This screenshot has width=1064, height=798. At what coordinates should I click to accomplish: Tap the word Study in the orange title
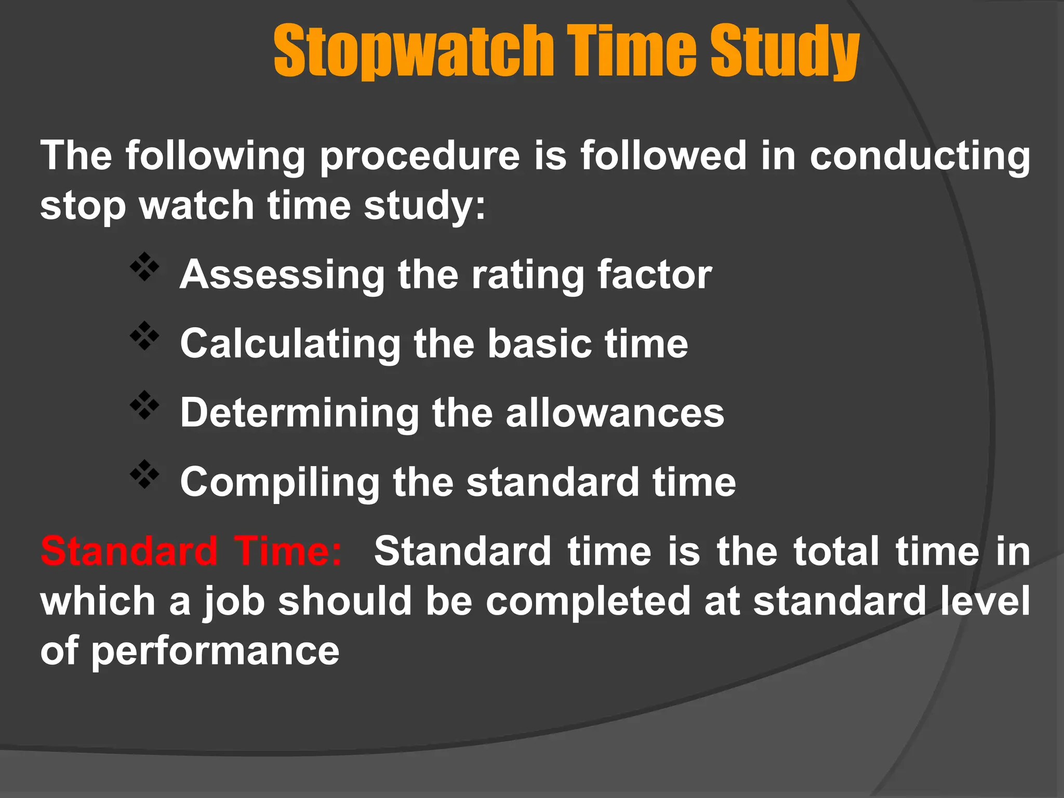pyautogui.click(x=784, y=51)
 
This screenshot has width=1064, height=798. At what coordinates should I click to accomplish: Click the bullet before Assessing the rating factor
pyautogui.click(x=144, y=268)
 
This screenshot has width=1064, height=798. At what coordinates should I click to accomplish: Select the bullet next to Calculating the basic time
pyautogui.click(x=144, y=337)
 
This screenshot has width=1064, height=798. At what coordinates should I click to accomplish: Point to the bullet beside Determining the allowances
pyautogui.click(x=144, y=406)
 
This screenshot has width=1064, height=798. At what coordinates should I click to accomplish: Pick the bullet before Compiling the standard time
pyautogui.click(x=144, y=475)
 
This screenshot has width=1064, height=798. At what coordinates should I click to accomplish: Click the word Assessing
pyautogui.click(x=282, y=275)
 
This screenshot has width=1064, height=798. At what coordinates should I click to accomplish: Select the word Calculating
pyautogui.click(x=290, y=344)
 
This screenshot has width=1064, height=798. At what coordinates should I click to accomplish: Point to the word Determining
pyautogui.click(x=299, y=413)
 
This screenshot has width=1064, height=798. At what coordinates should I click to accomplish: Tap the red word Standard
pyautogui.click(x=129, y=551)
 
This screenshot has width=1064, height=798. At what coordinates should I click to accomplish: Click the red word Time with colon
pyautogui.click(x=288, y=551)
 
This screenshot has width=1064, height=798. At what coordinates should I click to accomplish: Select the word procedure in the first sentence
pyautogui.click(x=419, y=156)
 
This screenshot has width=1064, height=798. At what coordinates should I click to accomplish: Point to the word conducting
pyautogui.click(x=920, y=156)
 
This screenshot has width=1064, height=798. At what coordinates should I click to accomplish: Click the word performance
pyautogui.click(x=215, y=651)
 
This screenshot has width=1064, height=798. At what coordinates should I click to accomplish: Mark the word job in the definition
pyautogui.click(x=234, y=602)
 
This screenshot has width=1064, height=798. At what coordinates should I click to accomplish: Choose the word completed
pyautogui.click(x=588, y=602)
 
